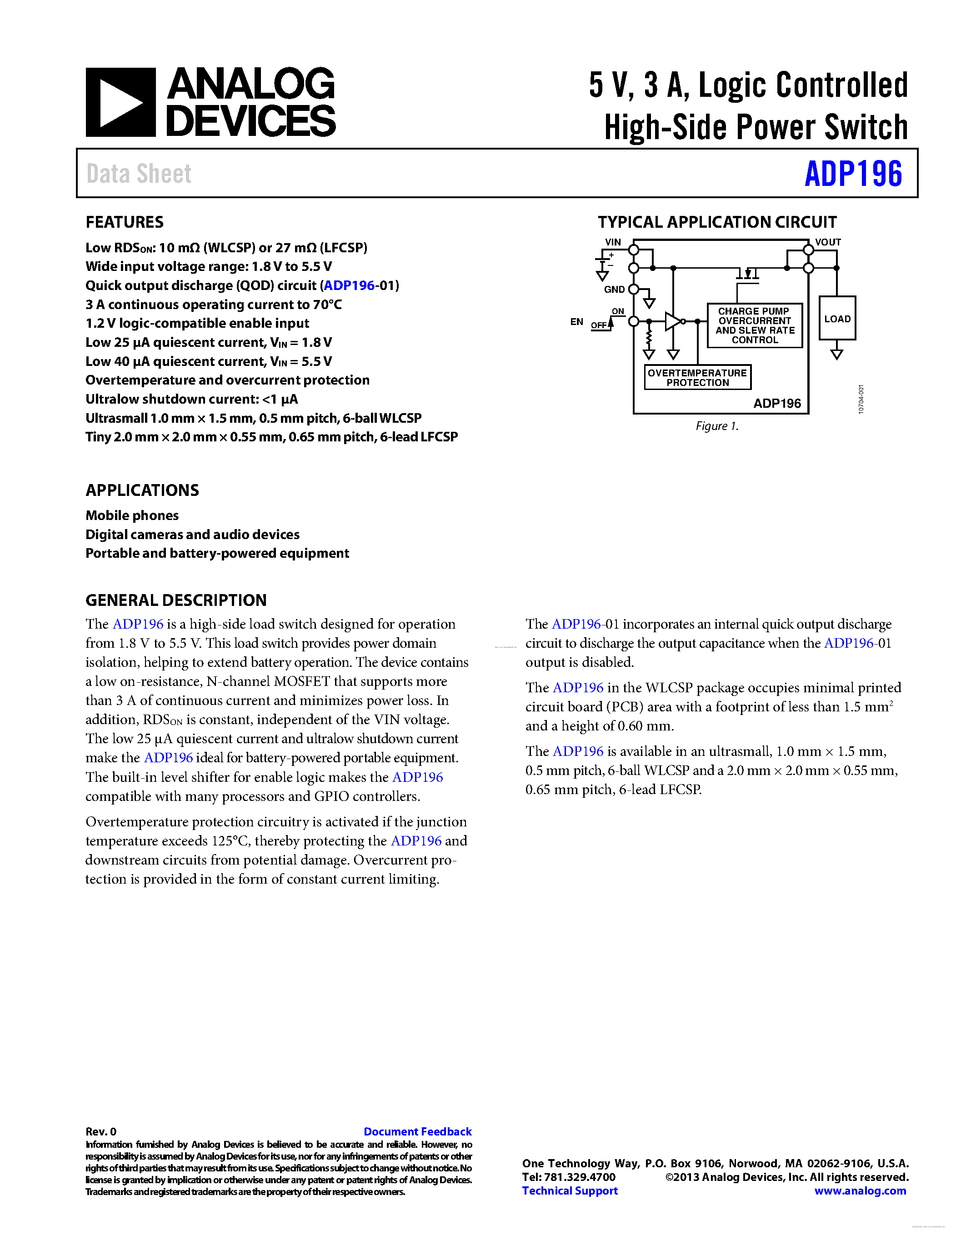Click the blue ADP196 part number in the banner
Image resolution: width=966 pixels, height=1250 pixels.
click(x=853, y=174)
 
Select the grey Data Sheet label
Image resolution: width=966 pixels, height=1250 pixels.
click(x=139, y=174)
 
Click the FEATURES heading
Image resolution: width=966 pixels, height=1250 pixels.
click(x=124, y=222)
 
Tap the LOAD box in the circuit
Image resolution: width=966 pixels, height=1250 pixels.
click(x=837, y=318)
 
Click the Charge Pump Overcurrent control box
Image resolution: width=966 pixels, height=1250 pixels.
click(x=754, y=325)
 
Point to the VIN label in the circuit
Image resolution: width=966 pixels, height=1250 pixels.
click(x=613, y=242)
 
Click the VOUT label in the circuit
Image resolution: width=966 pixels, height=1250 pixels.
click(x=828, y=242)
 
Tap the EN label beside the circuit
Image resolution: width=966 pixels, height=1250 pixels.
click(x=576, y=322)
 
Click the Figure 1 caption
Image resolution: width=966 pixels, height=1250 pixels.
click(x=717, y=426)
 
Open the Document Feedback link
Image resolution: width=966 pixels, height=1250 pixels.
click(x=417, y=1131)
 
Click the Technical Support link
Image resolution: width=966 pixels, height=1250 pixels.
click(x=570, y=1190)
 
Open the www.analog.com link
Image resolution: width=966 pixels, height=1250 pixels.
click(x=860, y=1190)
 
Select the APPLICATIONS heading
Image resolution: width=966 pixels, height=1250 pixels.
click(x=142, y=490)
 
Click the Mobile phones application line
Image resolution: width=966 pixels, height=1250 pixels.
click(x=132, y=516)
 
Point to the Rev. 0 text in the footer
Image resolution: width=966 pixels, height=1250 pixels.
click(x=101, y=1131)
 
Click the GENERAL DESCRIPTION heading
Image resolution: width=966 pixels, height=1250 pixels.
click(x=175, y=600)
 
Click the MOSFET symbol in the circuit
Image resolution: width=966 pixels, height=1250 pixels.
click(x=747, y=274)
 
